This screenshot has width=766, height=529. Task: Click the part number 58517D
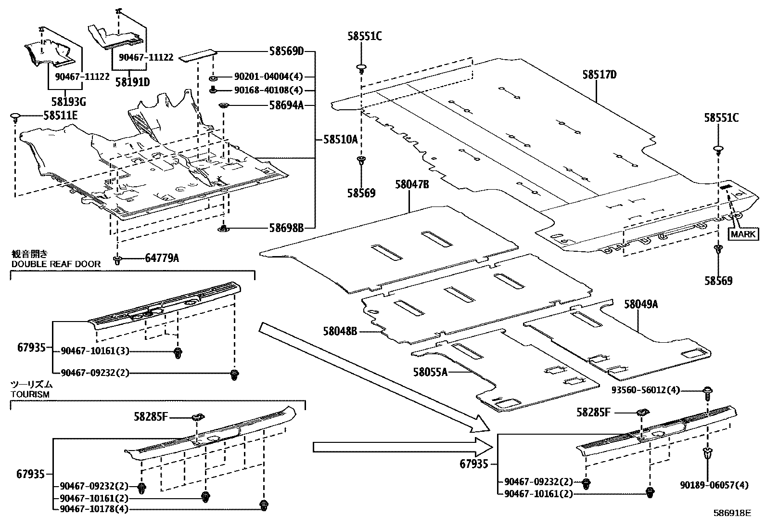pyautogui.click(x=600, y=75)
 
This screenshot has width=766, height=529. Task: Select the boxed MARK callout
pyautogui.click(x=743, y=234)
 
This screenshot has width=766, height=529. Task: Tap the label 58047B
pyautogui.click(x=412, y=184)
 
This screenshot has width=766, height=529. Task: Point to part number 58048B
pyautogui.click(x=340, y=331)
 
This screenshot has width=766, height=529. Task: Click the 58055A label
pyautogui.click(x=430, y=372)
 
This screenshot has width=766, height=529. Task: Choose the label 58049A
pyautogui.click(x=641, y=304)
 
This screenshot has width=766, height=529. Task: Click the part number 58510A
pyautogui.click(x=341, y=139)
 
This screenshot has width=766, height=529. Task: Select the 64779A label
pyautogui.click(x=162, y=258)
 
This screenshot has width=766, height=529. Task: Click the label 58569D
pyautogui.click(x=287, y=52)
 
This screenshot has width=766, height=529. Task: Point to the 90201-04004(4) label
pyautogui.click(x=269, y=77)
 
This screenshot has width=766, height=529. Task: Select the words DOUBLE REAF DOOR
pyautogui.click(x=56, y=264)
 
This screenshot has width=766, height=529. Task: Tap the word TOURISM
pyautogui.click(x=30, y=394)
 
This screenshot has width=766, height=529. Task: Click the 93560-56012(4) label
pyautogui.click(x=646, y=390)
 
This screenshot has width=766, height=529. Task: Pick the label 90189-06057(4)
pyautogui.click(x=714, y=485)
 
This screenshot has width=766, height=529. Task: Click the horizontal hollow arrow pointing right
pyautogui.click(x=403, y=447)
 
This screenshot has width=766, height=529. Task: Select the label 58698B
pyautogui.click(x=287, y=228)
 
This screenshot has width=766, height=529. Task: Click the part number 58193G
pyautogui.click(x=69, y=102)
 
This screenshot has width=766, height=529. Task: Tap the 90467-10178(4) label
pyautogui.click(x=94, y=509)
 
